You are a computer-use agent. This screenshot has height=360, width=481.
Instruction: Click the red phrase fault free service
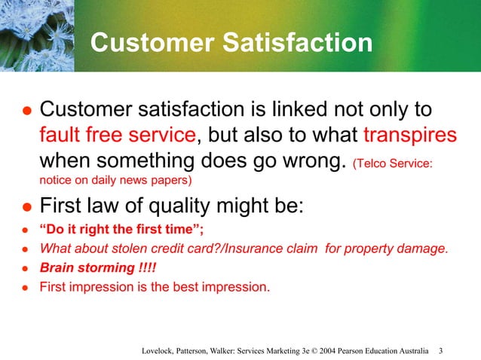[118, 136]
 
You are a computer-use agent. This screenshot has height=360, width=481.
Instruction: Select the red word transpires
[409, 136]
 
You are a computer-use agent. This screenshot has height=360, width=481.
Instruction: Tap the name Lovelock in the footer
[161, 351]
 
